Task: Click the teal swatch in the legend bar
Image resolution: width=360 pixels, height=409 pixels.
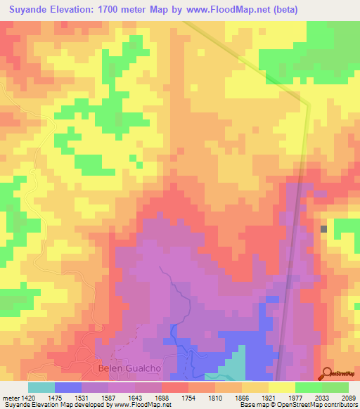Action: coord(41,387)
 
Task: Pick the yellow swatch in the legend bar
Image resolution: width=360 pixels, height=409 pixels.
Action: coord(282,387)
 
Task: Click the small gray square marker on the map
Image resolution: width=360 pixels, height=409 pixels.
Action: coord(323,229)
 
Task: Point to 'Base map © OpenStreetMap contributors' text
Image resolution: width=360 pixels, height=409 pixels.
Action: coord(298,405)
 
